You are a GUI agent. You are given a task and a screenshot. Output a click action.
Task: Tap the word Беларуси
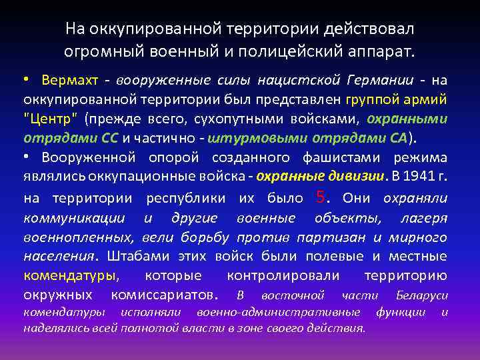pyautogui.click(x=421, y=295)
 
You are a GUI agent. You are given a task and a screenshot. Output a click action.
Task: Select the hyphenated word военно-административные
pyautogui.click(x=279, y=312)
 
